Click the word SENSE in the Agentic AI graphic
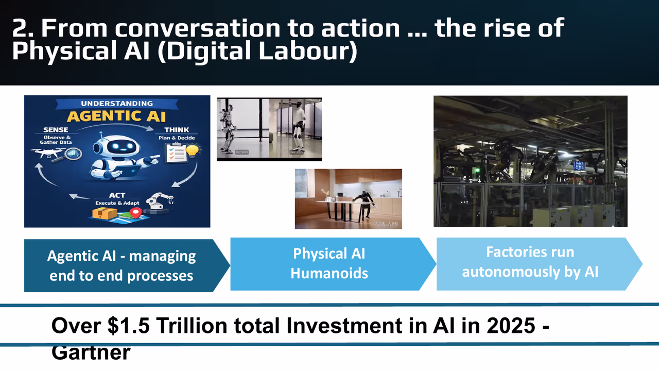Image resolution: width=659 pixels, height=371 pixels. click(55, 130)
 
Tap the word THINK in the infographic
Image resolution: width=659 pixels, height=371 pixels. click(176, 130)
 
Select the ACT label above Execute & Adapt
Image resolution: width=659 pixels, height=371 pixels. click(117, 196)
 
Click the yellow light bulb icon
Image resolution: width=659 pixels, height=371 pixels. click(193, 151)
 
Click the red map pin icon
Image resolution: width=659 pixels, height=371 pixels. click(135, 212)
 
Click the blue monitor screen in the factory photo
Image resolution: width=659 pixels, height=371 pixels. click(579, 165)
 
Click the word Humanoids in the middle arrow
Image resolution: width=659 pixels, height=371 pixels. click(329, 273)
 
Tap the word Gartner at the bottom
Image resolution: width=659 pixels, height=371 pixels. click(91, 353)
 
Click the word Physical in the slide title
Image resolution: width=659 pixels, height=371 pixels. click(59, 52)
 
